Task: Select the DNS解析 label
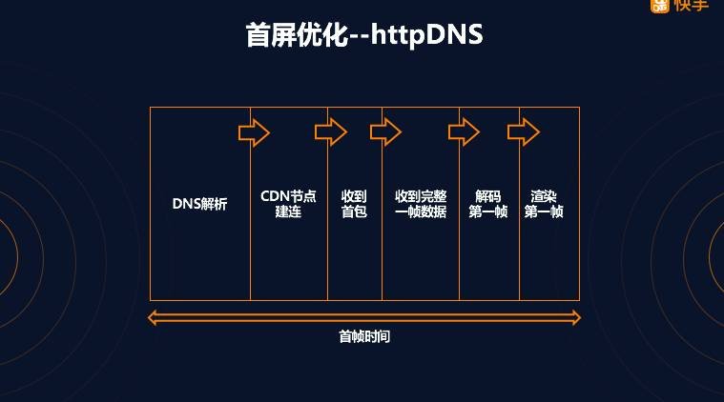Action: coord(200,204)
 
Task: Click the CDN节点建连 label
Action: coord(288,204)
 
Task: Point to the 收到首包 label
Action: coord(354,204)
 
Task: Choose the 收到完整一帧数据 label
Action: coord(421,204)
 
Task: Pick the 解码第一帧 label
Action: coord(488,204)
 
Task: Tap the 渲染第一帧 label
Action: coord(544,204)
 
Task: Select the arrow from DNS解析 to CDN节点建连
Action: coord(254,132)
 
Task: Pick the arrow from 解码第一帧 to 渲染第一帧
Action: coord(524,132)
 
